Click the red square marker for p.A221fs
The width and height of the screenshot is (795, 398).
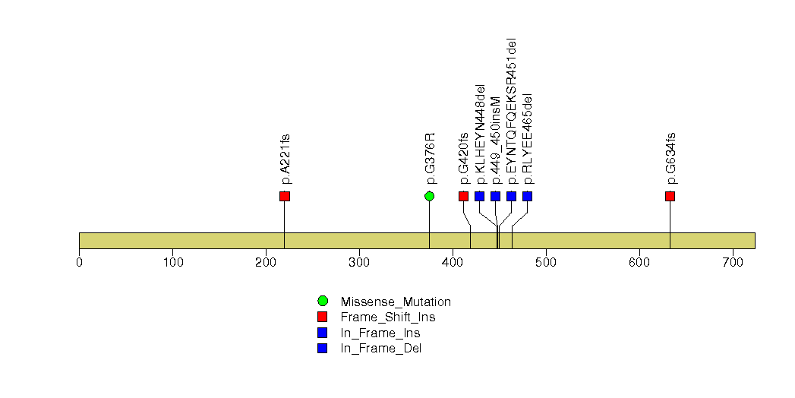coord(285,196)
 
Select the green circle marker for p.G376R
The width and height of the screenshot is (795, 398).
coord(430,196)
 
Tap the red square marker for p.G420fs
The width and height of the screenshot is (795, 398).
coord(463,196)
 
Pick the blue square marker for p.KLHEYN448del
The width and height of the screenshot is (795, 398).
coord(480,196)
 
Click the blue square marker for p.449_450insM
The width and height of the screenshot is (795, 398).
coord(495,196)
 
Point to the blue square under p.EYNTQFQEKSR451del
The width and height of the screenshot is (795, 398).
coord(512,196)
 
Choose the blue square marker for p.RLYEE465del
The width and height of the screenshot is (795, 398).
coord(527,196)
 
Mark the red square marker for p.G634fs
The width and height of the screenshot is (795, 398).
coord(670,196)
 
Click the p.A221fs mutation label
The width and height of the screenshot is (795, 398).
coord(286,159)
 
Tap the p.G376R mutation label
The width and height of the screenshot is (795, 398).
coord(431,158)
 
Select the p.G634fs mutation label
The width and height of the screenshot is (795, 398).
coord(671,158)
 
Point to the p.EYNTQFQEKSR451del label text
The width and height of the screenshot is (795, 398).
coord(512,111)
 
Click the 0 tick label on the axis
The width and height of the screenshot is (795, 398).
coord(80,262)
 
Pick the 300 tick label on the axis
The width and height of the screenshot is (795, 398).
coord(359,262)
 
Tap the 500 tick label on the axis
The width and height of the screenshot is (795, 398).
coord(546,262)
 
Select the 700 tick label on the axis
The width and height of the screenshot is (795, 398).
coord(733,262)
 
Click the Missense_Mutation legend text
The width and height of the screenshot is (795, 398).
coord(396,302)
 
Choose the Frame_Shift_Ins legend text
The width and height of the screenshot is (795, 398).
coord(388,317)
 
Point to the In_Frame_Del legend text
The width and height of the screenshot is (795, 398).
coord(380,349)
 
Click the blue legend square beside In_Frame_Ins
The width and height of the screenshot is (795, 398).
coord(323,333)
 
